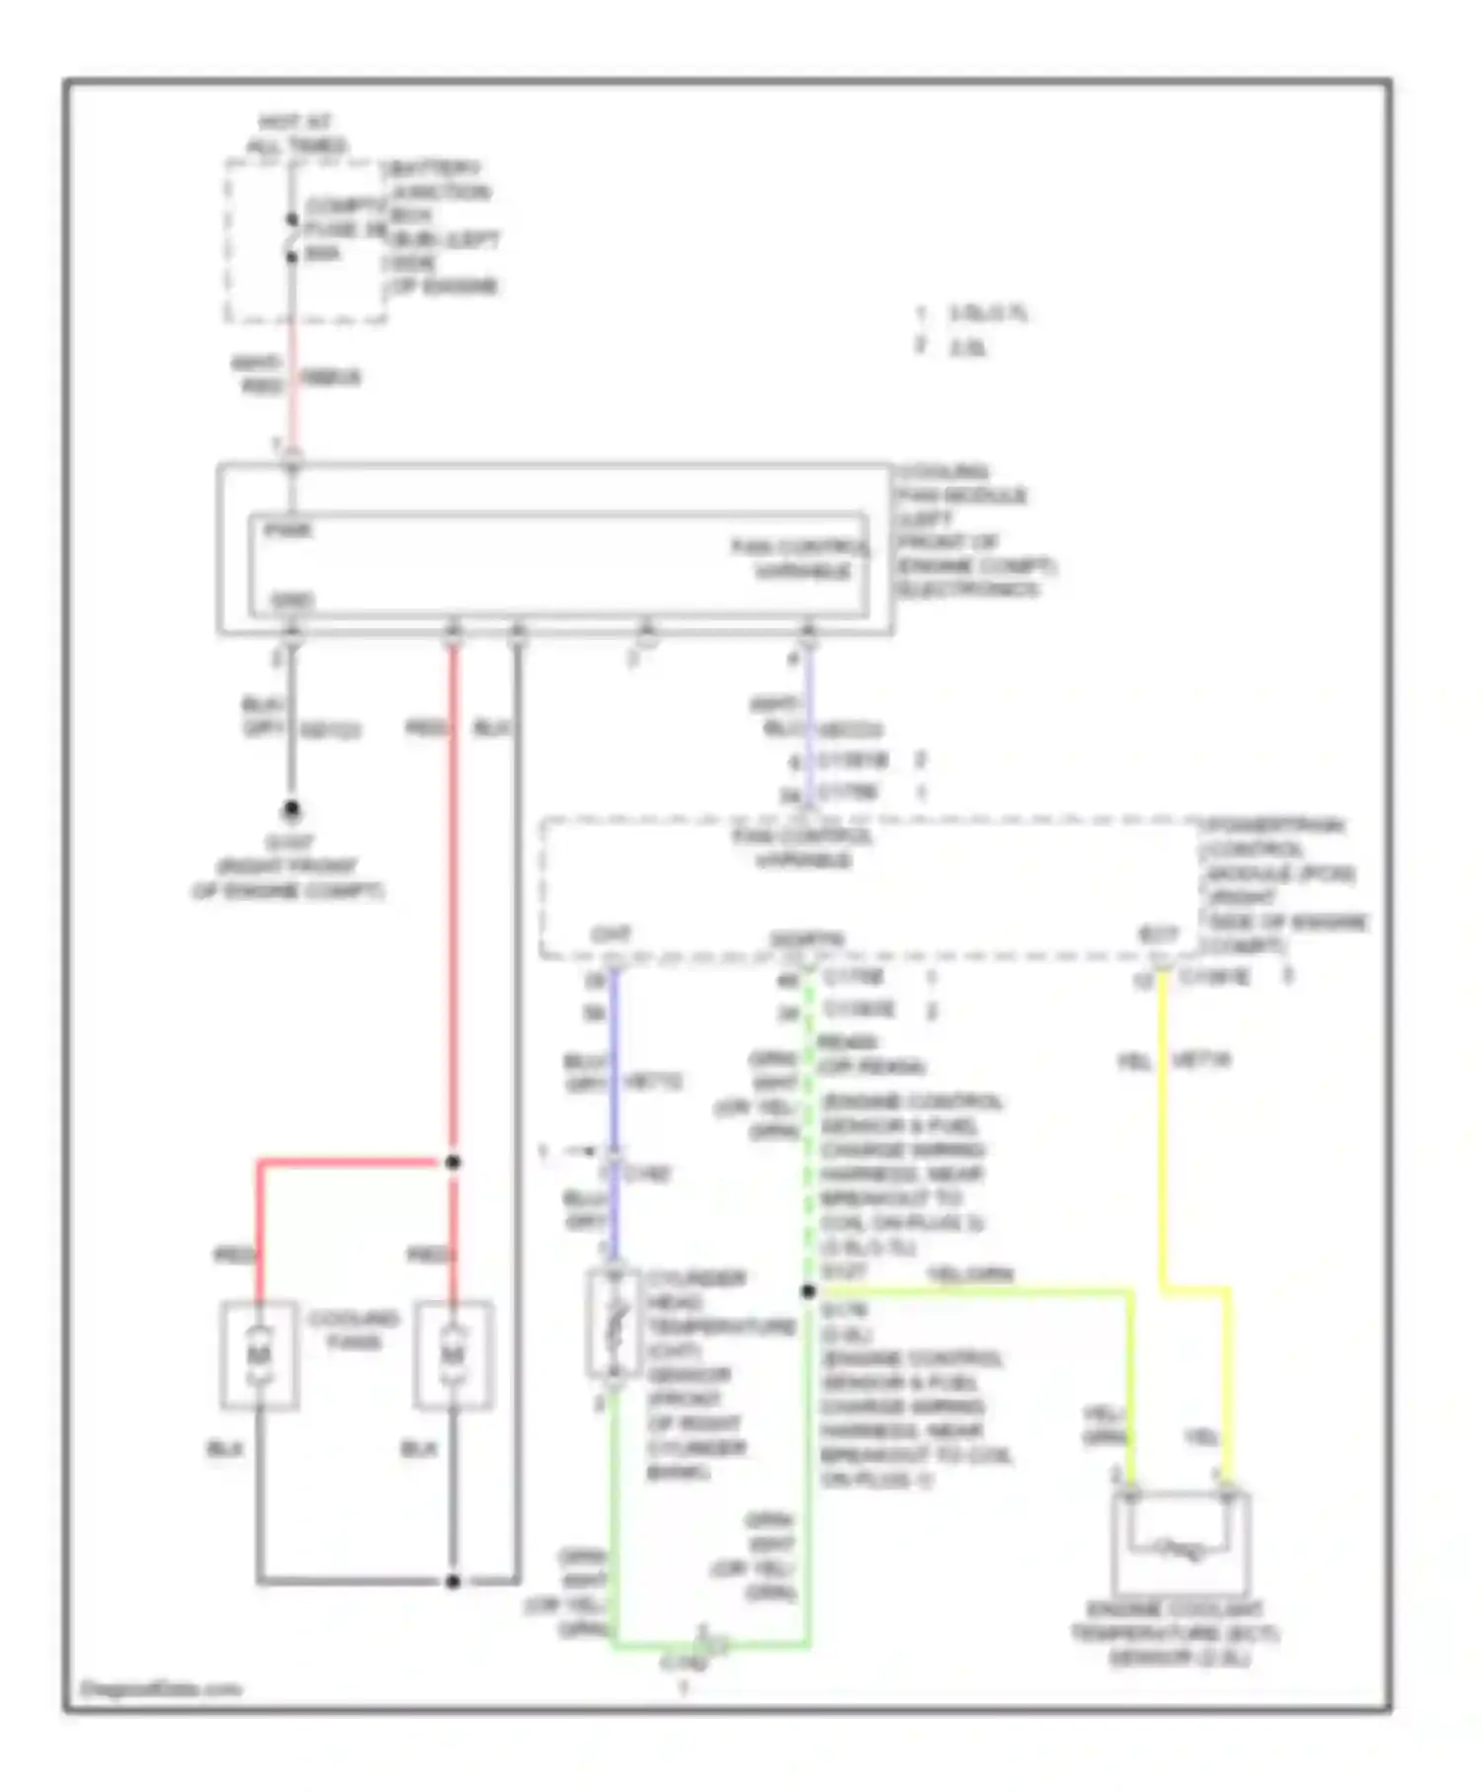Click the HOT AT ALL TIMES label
[295, 134]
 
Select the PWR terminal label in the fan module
[288, 530]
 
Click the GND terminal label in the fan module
[290, 600]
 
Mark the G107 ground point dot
[291, 810]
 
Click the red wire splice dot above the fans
[453, 1163]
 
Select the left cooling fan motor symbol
[259, 1354]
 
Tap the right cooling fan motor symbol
[453, 1354]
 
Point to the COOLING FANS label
[353, 1330]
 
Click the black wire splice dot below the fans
[453, 1582]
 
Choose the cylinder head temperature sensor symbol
[614, 1324]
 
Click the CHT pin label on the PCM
[611, 934]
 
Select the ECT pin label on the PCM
[1158, 934]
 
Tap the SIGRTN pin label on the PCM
[806, 938]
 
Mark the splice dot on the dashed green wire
[808, 1291]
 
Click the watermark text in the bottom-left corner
[160, 1688]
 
